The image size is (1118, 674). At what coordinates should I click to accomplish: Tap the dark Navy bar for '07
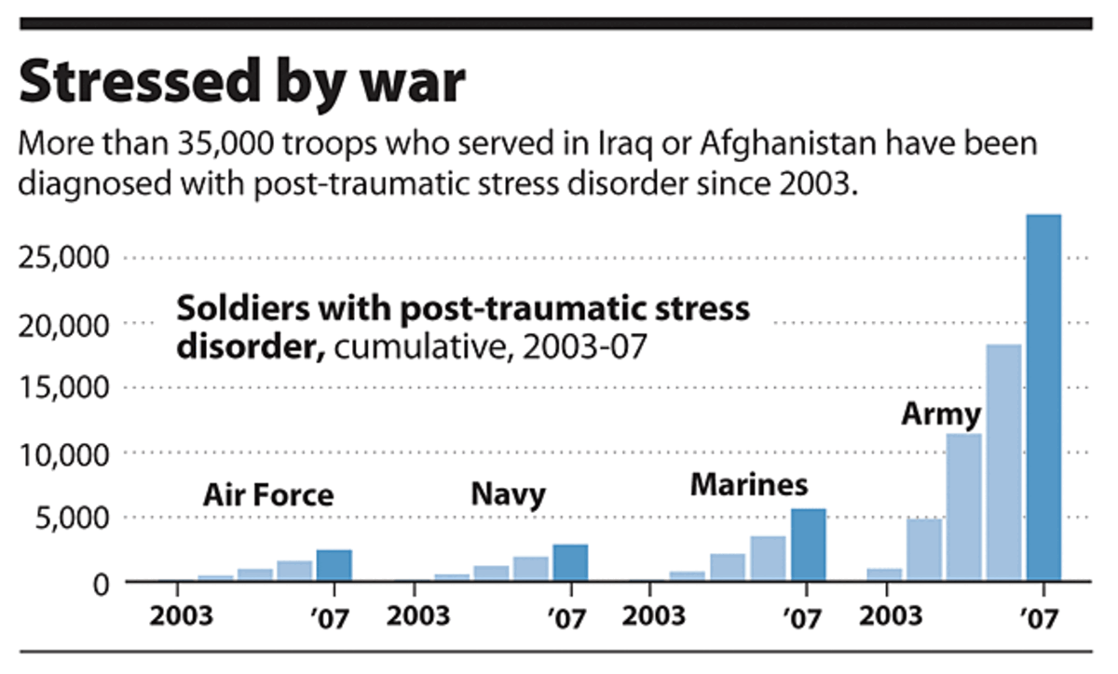(570, 562)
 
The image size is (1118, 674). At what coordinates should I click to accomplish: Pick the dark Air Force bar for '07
(334, 565)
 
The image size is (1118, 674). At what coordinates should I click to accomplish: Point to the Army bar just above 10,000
(964, 507)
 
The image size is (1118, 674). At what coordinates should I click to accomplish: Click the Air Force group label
(267, 494)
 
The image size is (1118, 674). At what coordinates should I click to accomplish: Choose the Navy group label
(507, 494)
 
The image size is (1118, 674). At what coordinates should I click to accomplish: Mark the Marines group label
(748, 484)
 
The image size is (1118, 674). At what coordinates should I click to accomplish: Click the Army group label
(941, 413)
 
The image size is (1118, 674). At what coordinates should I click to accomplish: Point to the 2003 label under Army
(891, 616)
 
